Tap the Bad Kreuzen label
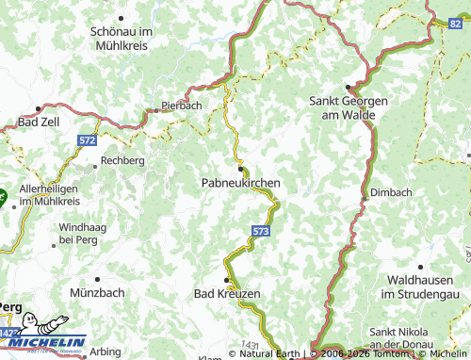tap(226, 294)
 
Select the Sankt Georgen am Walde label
tap(343, 106)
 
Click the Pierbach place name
tap(181, 106)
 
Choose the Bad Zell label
tap(40, 123)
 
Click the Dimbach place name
tap(391, 192)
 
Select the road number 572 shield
tap(88, 139)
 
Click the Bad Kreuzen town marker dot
tap(226, 281)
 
